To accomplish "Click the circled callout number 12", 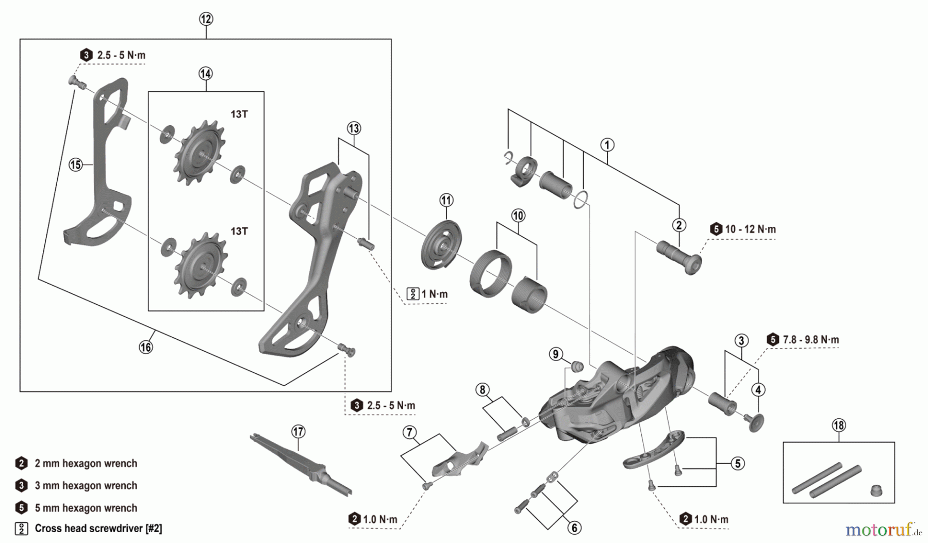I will pyautogui.click(x=206, y=19).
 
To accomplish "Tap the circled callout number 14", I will pyautogui.click(x=205, y=73).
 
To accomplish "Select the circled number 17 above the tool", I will pyautogui.click(x=298, y=431).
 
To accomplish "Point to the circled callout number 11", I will pyautogui.click(x=446, y=200).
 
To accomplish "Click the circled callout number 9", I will pyautogui.click(x=555, y=354).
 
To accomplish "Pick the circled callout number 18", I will pyautogui.click(x=839, y=425).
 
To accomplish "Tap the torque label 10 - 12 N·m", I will pyautogui.click(x=750, y=229).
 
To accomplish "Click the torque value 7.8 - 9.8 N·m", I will pyautogui.click(x=810, y=340).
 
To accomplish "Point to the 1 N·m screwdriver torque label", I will pyautogui.click(x=434, y=294).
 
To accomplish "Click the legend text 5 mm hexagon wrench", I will pyautogui.click(x=86, y=508).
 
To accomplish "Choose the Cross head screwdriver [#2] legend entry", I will pyautogui.click(x=98, y=529).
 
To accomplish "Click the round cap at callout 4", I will pyautogui.click(x=756, y=421).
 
